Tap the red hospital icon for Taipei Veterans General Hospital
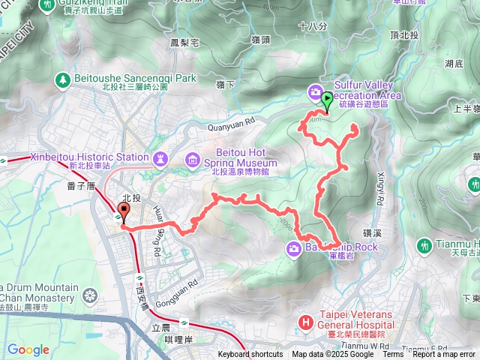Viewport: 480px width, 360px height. tap(305, 322)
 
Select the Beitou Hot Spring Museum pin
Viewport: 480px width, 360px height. tap(193, 160)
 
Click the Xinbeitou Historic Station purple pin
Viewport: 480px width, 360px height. tap(160, 158)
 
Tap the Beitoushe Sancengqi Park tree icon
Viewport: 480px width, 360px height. tap(63, 78)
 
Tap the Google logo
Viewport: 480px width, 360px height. tap(28, 349)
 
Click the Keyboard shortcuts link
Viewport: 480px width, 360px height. tap(250, 355)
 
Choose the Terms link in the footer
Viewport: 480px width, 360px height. tap(392, 355)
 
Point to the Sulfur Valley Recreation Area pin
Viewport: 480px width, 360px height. tap(314, 91)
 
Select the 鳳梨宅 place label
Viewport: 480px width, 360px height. tap(184, 43)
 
